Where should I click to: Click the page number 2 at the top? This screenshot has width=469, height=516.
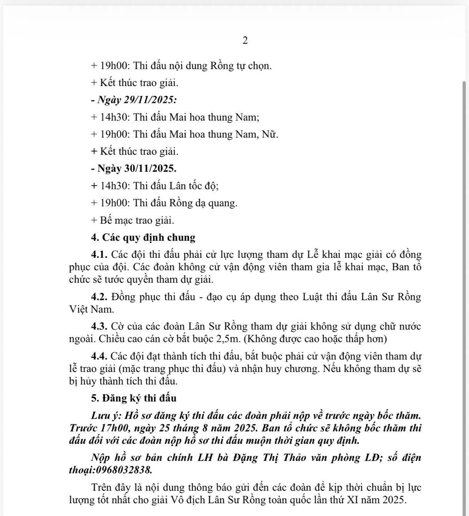pyautogui.click(x=245, y=40)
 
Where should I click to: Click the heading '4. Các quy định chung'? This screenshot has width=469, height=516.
pyautogui.click(x=143, y=237)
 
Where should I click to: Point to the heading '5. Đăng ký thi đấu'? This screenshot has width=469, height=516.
pyautogui.click(x=134, y=398)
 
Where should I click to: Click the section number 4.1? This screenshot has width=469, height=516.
pyautogui.click(x=100, y=254)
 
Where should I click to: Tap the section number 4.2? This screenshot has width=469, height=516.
pyautogui.click(x=100, y=297)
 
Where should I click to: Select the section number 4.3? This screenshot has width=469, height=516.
pyautogui.click(x=100, y=327)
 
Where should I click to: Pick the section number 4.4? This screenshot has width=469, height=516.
pyautogui.click(x=100, y=356)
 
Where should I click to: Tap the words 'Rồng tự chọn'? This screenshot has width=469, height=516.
pyautogui.click(x=240, y=66)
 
